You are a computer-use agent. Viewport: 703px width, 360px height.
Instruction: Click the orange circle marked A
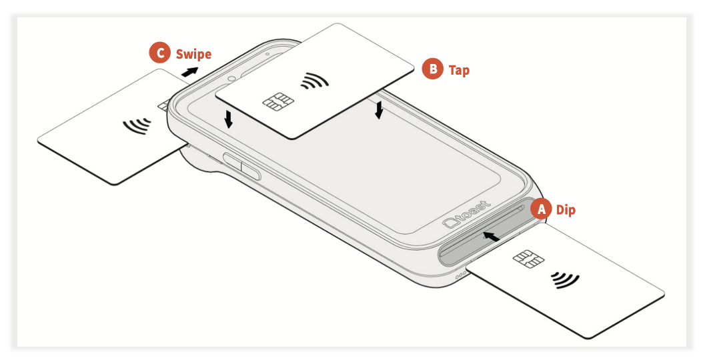click(x=542, y=209)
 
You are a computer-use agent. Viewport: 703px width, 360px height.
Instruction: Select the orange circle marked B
click(x=433, y=69)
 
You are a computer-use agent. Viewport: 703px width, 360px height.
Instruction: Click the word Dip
click(x=566, y=210)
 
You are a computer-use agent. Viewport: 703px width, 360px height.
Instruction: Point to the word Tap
click(x=459, y=71)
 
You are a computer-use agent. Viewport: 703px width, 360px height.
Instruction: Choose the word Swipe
click(x=193, y=54)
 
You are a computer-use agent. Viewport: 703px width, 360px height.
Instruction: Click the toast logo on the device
click(x=466, y=215)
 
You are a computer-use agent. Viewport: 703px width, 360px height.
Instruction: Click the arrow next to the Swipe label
click(x=191, y=72)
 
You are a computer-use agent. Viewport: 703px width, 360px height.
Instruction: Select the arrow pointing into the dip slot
click(x=492, y=236)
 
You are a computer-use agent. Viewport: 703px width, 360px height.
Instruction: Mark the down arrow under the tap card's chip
click(x=229, y=119)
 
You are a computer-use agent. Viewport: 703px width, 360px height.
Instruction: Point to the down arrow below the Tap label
click(x=380, y=110)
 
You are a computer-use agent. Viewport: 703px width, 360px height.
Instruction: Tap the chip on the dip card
click(x=528, y=259)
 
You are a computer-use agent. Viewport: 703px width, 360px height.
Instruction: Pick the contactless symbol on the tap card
click(x=315, y=81)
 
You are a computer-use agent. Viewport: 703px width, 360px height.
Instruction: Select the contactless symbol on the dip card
click(x=565, y=280)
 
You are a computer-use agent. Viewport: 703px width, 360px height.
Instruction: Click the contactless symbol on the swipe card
click(x=137, y=125)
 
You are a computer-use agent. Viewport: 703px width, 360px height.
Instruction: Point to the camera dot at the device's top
click(x=231, y=78)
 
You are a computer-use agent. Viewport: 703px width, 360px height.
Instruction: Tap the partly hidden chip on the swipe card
click(x=163, y=106)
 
